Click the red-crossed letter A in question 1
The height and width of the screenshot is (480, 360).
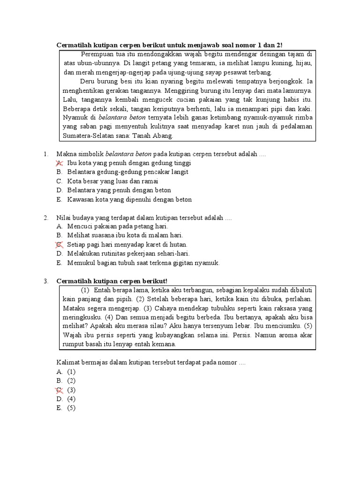[59, 163]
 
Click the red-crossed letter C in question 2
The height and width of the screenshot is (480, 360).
[59, 245]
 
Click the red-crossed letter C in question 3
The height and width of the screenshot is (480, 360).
[59, 390]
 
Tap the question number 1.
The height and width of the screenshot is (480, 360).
[45, 154]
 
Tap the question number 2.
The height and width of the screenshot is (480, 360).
[45, 218]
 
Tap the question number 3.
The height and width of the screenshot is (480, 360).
[45, 281]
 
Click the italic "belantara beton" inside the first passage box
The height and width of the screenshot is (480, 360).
[122, 117]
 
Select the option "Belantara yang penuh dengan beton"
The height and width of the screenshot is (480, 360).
[119, 190]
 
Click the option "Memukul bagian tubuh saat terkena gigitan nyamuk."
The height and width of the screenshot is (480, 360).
[143, 262]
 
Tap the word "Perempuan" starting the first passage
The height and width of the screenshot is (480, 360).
[97, 54]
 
